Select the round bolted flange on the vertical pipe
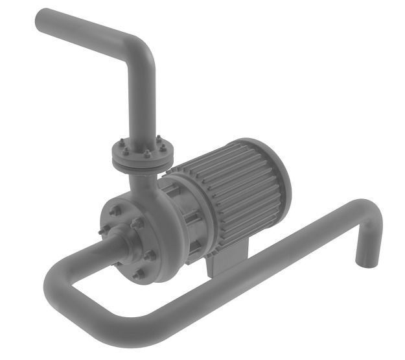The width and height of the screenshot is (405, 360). (x=143, y=156)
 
